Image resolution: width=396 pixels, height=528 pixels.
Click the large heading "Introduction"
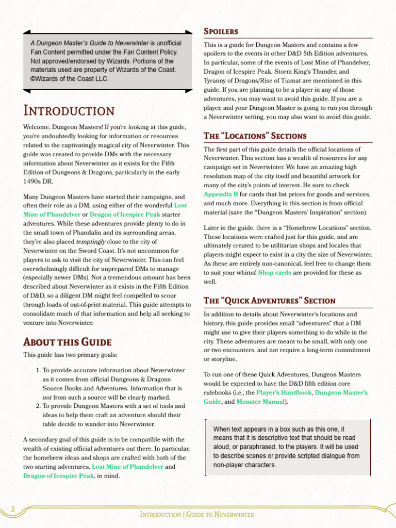pyautogui.click(x=69, y=111)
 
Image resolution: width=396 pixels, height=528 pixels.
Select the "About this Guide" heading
pyautogui.click(x=67, y=342)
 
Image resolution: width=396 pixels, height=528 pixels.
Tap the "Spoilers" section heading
pyautogui.click(x=221, y=31)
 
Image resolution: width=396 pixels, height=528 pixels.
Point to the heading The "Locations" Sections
pyautogui.click(x=255, y=136)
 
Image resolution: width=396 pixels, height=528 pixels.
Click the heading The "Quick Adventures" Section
pyautogui.click(x=269, y=301)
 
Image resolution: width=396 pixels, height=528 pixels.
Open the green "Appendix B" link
pyautogui.click(x=221, y=194)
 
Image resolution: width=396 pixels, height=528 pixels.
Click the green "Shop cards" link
pyautogui.click(x=274, y=272)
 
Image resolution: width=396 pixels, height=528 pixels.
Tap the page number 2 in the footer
pyautogui.click(x=13, y=509)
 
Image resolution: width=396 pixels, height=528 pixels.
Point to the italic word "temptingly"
pyautogui.click(x=91, y=241)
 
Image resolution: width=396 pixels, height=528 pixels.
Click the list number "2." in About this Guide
pyautogui.click(x=38, y=406)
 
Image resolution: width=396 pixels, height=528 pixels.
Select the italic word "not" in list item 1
pyautogui.click(x=47, y=398)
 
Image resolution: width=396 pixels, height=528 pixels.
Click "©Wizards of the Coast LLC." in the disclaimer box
pyautogui.click(x=69, y=79)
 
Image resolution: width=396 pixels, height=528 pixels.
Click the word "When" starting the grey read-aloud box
pyautogui.click(x=222, y=429)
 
